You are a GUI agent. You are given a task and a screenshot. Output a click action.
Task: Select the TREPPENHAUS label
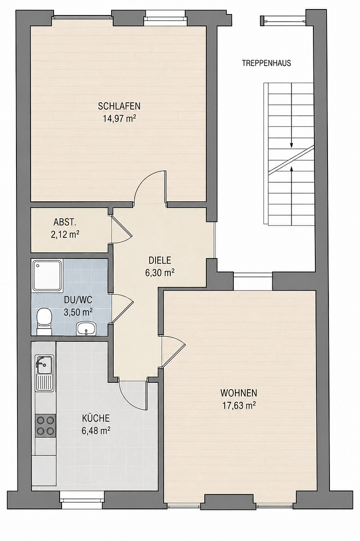[x=266, y=63]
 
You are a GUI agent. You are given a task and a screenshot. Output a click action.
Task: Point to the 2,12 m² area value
[x=66, y=235]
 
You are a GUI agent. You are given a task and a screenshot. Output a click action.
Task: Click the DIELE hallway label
[x=160, y=260]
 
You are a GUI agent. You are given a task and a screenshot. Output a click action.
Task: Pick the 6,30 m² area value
[x=160, y=273]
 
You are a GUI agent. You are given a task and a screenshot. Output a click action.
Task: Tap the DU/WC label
[x=78, y=300]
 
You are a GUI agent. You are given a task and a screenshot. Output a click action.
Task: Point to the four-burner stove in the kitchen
[x=45, y=425]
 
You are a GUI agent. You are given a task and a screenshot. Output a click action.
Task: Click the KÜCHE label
[x=96, y=418]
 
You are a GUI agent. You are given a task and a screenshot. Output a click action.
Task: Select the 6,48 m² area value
[x=96, y=431]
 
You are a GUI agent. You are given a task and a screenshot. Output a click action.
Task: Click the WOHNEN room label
[x=239, y=393]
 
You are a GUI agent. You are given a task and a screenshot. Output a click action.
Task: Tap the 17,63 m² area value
[x=239, y=405]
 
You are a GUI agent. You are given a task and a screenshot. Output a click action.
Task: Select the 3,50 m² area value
[x=78, y=313]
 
